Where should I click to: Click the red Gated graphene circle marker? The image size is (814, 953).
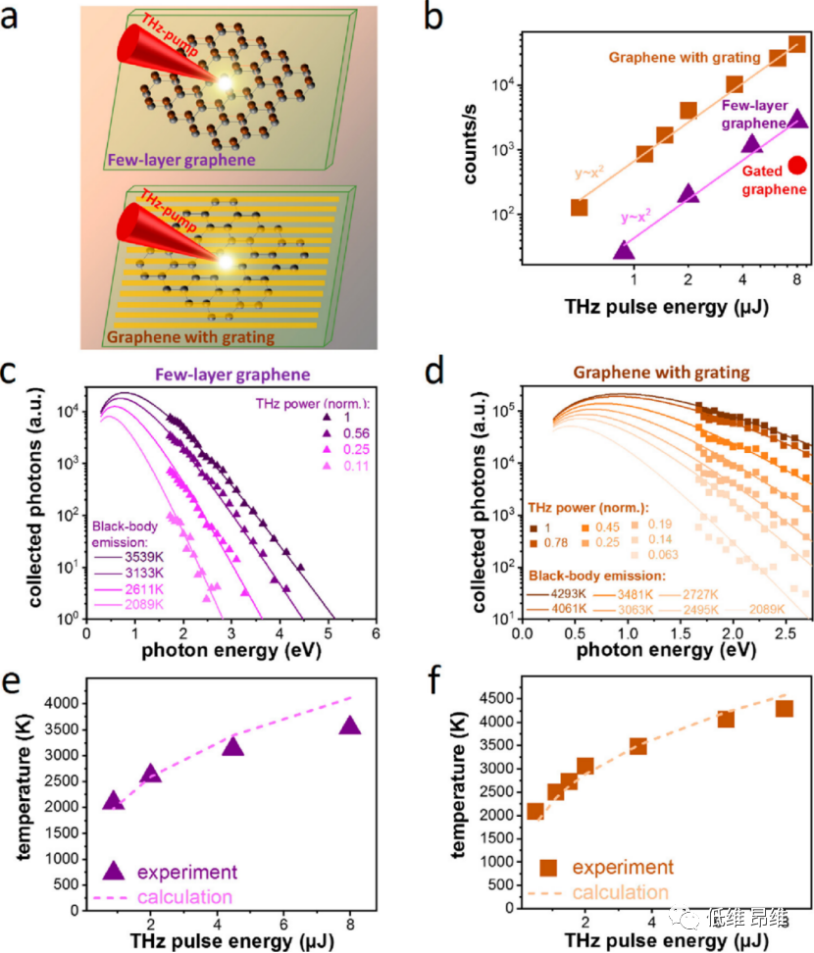(797, 166)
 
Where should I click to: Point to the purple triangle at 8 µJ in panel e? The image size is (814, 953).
(350, 726)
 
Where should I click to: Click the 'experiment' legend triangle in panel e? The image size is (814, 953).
(115, 870)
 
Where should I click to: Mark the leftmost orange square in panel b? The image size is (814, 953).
(579, 207)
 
